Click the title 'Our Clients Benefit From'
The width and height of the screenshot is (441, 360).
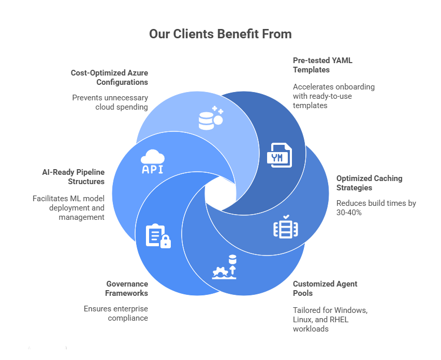click(x=220, y=34)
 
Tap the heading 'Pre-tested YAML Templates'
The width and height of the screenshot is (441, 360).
click(x=322, y=65)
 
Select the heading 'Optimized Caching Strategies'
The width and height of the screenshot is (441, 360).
click(x=369, y=183)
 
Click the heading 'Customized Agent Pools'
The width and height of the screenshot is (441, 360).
click(x=325, y=289)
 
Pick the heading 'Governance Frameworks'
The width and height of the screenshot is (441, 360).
click(x=127, y=289)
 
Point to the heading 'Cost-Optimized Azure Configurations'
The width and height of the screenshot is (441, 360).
click(x=109, y=78)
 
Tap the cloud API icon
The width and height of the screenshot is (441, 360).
click(x=153, y=162)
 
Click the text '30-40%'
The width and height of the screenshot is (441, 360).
click(x=352, y=213)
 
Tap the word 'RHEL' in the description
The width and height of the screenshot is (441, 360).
click(x=337, y=319)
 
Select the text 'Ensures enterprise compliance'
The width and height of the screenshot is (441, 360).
click(x=116, y=313)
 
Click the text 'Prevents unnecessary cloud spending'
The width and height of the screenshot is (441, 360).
click(x=110, y=102)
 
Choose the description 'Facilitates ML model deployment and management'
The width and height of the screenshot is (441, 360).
click(x=68, y=208)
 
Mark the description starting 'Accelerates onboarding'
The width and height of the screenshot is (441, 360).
click(x=333, y=96)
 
